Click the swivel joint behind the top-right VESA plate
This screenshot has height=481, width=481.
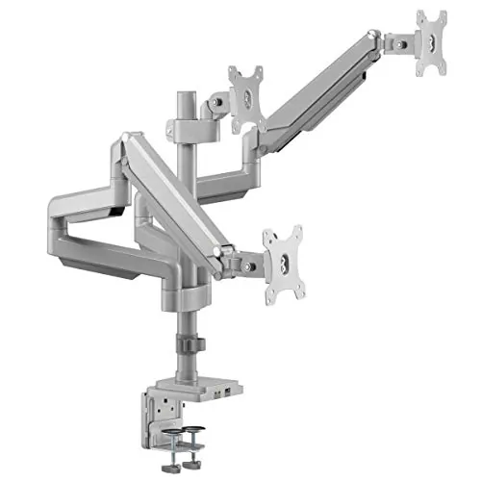(393, 43)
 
